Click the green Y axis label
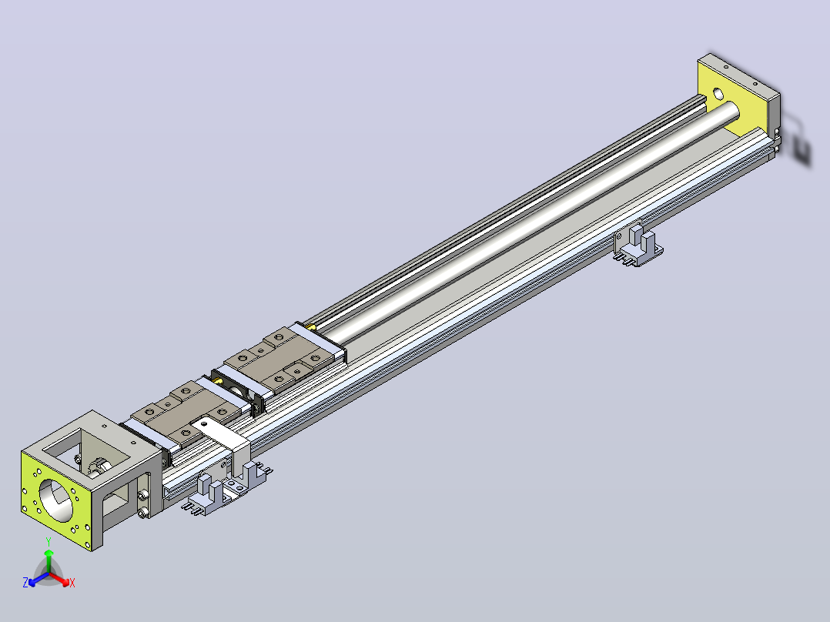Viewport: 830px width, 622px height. tap(49, 541)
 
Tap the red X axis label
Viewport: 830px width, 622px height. tap(72, 583)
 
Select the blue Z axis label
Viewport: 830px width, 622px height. tap(25, 582)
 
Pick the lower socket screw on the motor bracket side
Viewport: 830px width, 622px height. tap(142, 513)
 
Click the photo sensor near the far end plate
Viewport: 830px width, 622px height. tap(638, 244)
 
